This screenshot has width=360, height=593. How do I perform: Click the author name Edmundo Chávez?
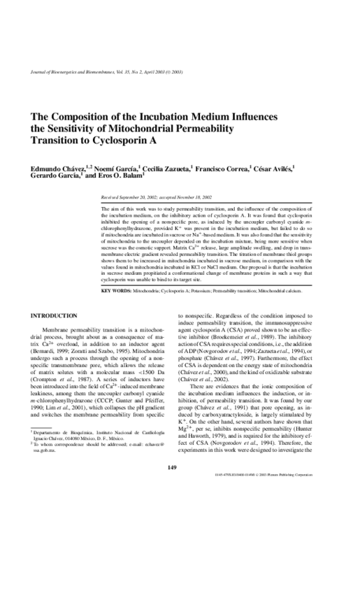[55, 169]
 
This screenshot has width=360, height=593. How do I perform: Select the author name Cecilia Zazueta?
[150, 169]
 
